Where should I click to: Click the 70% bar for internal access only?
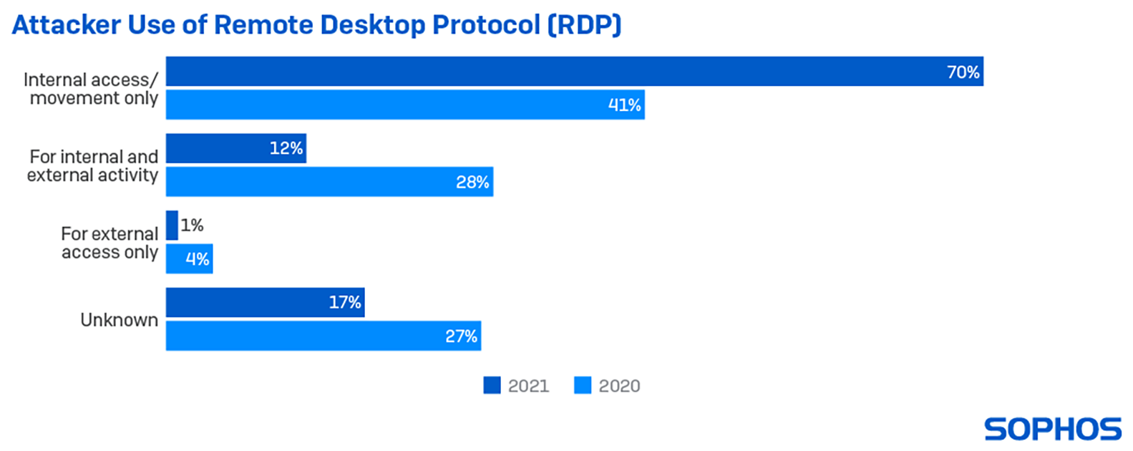[x=573, y=72]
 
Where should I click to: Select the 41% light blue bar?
[x=404, y=105]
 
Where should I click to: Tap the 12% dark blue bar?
[x=235, y=148]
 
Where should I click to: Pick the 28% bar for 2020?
[x=329, y=182]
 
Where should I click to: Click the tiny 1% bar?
[x=172, y=225]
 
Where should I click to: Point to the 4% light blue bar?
[x=189, y=259]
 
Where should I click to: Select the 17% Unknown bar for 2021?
[x=265, y=302]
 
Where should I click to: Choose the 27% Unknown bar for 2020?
[x=323, y=336]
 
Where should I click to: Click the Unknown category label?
[x=119, y=320]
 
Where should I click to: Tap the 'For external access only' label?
[x=110, y=243]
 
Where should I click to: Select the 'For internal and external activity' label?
[x=93, y=166]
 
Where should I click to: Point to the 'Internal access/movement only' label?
[x=91, y=89]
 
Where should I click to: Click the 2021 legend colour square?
[x=492, y=386]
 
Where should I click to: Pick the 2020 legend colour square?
[x=583, y=386]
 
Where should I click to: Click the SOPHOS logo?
[x=1053, y=429]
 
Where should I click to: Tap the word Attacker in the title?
[x=66, y=25]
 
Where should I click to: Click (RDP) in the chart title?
[x=584, y=25]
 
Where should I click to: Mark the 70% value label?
[x=963, y=72]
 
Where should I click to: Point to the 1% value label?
[x=192, y=225]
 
